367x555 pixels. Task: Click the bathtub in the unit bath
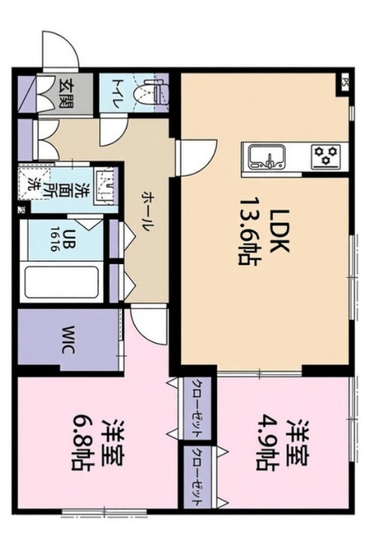click(61, 283)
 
